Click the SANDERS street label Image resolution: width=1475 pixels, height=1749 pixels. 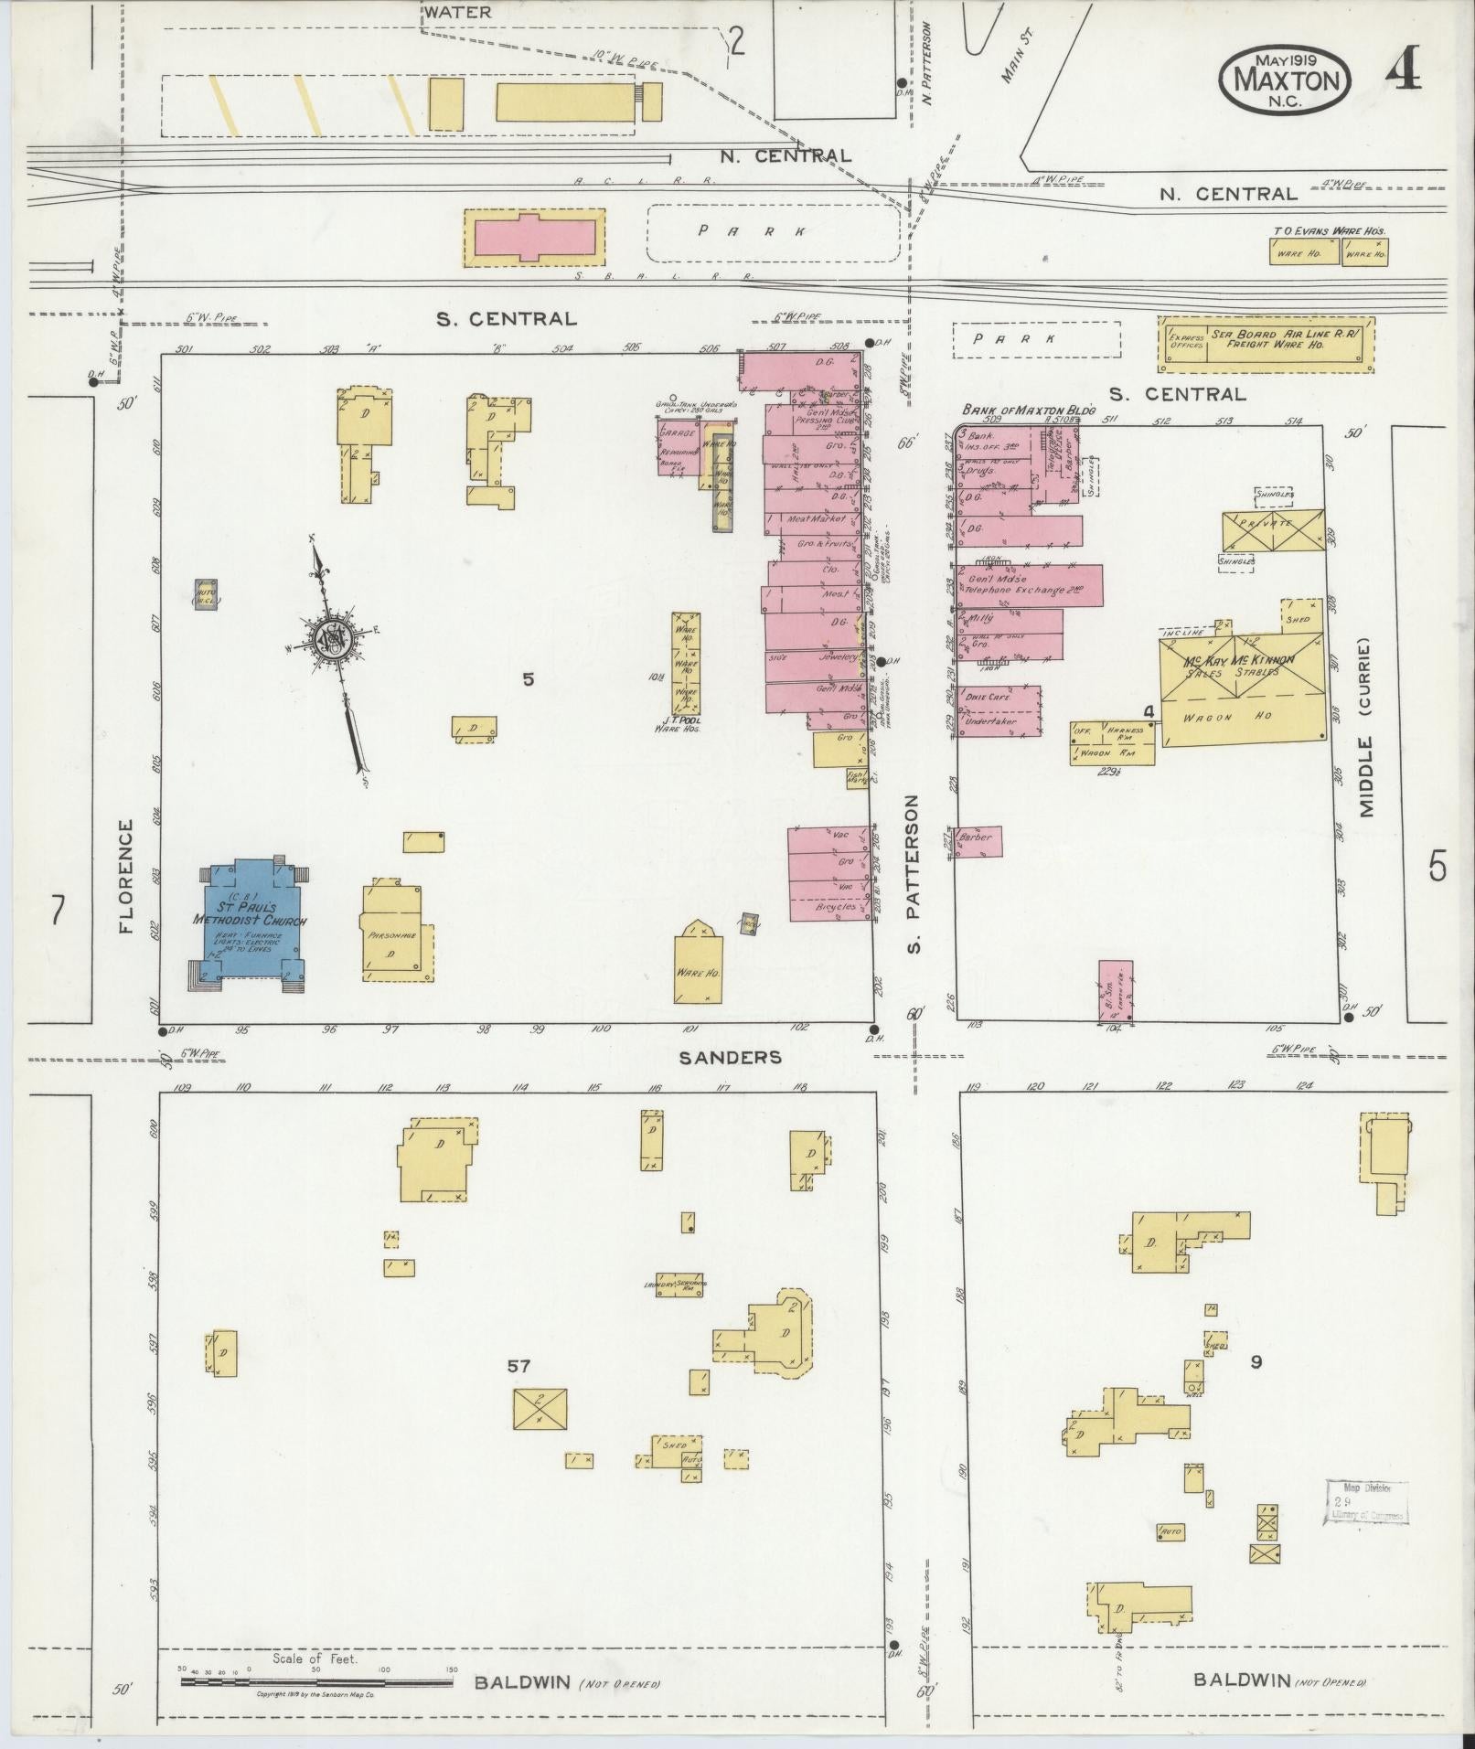click(x=730, y=1057)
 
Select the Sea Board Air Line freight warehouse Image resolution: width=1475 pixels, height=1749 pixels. click(x=1267, y=344)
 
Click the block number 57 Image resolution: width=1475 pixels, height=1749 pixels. click(x=518, y=1366)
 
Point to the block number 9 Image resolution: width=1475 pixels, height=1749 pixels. click(x=1256, y=1361)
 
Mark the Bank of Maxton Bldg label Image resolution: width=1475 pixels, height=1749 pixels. click(x=1028, y=411)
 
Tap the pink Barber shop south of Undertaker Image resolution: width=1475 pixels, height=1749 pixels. click(x=978, y=840)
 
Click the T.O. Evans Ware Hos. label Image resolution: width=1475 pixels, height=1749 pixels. click(x=1329, y=231)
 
